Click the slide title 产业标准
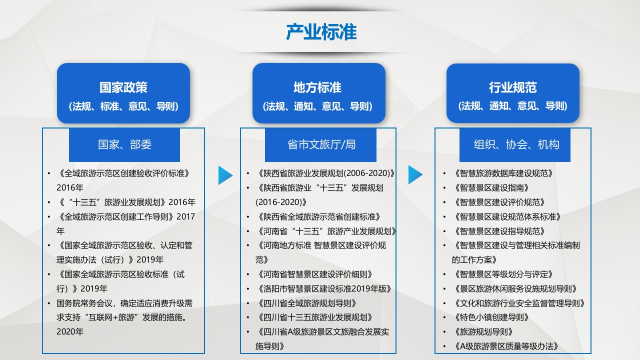pos(321,31)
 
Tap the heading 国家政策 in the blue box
pos(123,87)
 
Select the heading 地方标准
pos(317,87)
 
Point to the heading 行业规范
pos(513,87)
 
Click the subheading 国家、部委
pos(124,144)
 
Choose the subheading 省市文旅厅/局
pos(321,144)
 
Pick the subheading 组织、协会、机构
pos(516,144)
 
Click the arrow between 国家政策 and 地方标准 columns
pos(225,175)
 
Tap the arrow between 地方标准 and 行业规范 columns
pos(415,174)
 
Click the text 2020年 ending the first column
pos(70,331)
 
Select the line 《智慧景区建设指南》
pos(490,188)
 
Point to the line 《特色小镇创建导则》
pos(490,317)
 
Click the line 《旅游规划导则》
pos(482,332)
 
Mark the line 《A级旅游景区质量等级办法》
pos(505,346)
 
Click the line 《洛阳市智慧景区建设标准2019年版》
pos(323,289)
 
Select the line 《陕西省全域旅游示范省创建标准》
pos(317,217)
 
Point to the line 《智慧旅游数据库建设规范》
pos(502,173)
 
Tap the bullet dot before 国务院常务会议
pos(49,303)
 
